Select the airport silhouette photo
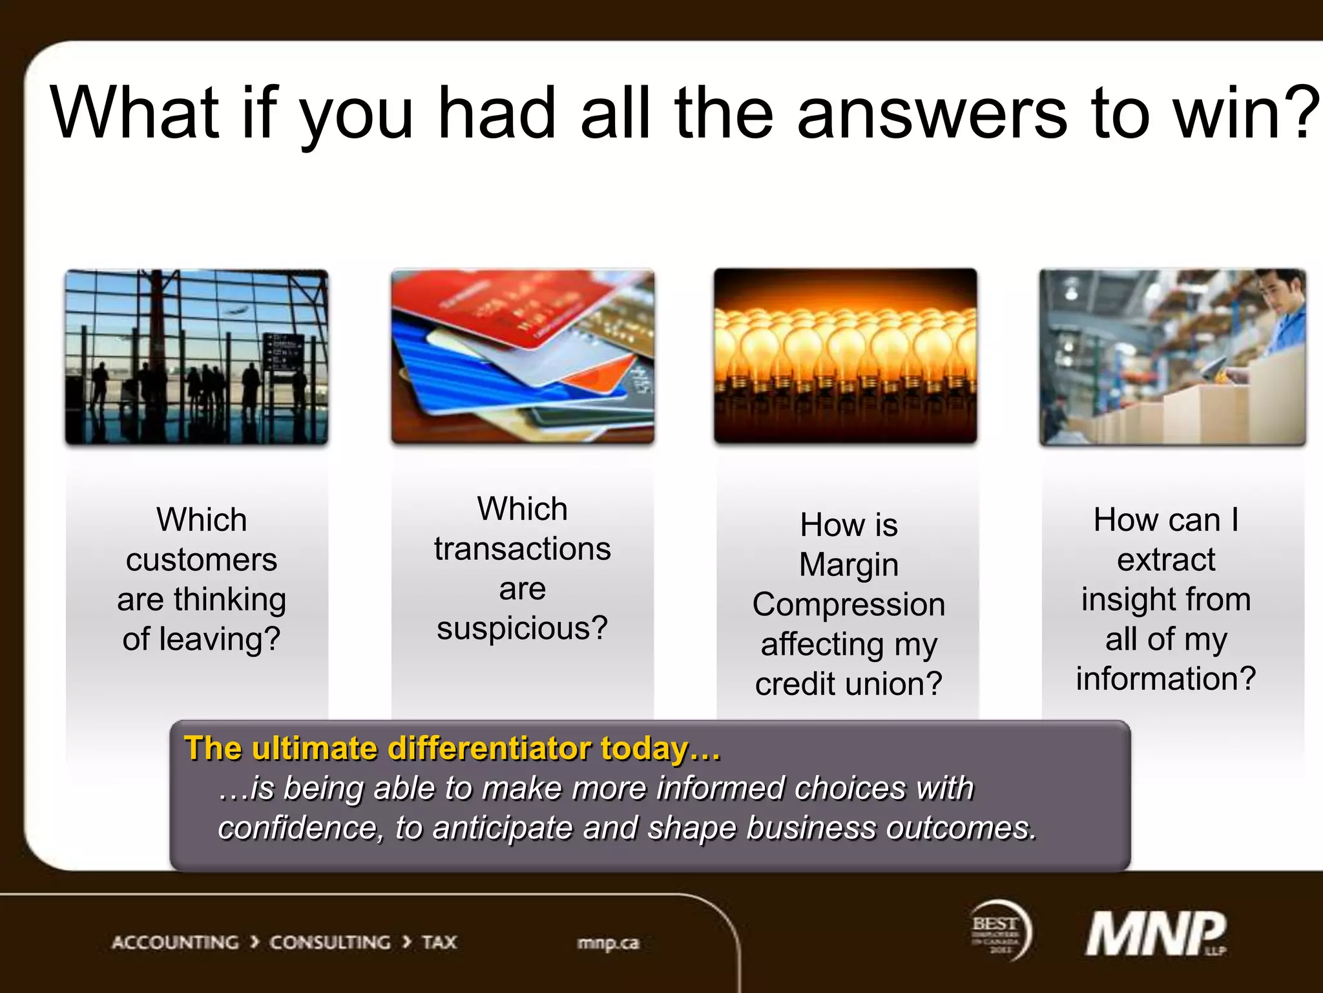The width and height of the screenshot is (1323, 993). (x=196, y=357)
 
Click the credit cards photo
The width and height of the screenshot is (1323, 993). (x=523, y=357)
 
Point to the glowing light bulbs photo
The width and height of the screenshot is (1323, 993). (x=845, y=356)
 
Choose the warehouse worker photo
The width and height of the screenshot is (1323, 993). (x=1172, y=357)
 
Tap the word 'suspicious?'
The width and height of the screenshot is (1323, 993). (x=523, y=628)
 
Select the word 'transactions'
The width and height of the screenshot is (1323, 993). (x=523, y=550)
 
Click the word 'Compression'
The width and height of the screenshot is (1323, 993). (x=849, y=604)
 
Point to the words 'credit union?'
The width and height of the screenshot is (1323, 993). (x=849, y=684)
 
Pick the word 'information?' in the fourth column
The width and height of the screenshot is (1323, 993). (x=1166, y=679)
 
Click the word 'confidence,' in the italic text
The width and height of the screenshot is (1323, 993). (x=300, y=828)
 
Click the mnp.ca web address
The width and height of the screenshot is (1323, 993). (x=608, y=943)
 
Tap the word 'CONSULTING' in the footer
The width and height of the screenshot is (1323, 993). (x=330, y=943)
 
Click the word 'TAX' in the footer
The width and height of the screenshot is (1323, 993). (x=439, y=943)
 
